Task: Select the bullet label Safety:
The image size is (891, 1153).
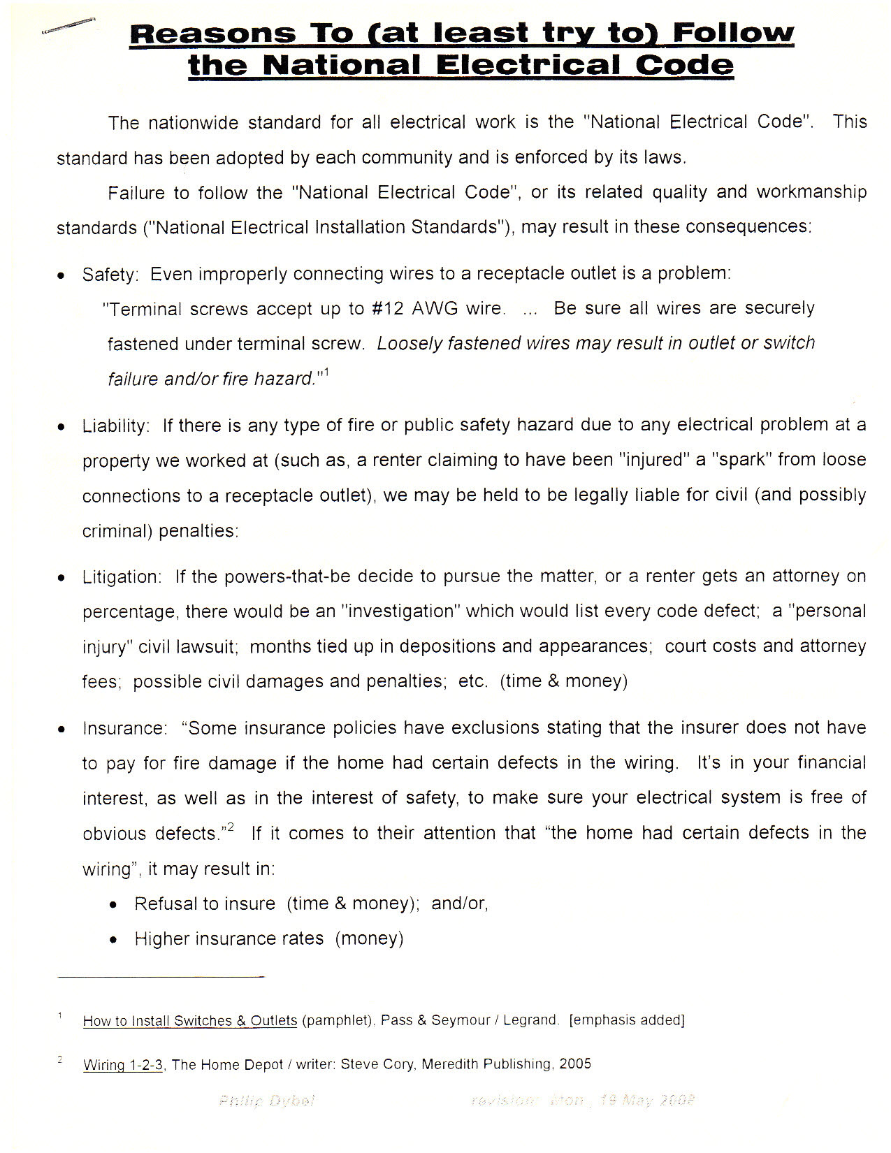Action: tap(110, 275)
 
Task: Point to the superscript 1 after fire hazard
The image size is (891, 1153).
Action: tap(326, 373)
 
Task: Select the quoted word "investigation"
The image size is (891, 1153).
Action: tap(397, 611)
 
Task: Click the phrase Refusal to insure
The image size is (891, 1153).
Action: tap(205, 904)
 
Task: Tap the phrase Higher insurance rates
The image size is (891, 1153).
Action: tap(229, 939)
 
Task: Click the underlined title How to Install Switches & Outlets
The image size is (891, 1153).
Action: tap(190, 1021)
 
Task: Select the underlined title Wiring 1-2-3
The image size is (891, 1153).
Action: tap(123, 1066)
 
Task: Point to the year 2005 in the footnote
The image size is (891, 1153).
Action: tap(574, 1064)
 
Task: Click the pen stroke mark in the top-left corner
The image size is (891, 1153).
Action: tap(68, 24)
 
